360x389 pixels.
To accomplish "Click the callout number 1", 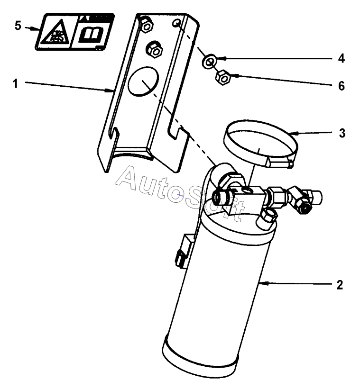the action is tap(15, 84).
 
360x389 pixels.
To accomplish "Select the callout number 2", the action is tap(339, 285).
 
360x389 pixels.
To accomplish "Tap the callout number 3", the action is tap(342, 133).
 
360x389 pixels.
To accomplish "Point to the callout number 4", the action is tap(341, 59).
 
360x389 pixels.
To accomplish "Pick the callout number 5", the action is tap(18, 26).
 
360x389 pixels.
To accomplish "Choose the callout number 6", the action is tap(342, 86).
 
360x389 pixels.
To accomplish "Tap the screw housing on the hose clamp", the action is tap(279, 163).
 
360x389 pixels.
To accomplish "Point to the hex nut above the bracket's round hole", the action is tap(154, 48).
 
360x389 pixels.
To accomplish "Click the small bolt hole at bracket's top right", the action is tap(177, 23).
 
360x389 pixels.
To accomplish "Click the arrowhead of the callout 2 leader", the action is tap(261, 283).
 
